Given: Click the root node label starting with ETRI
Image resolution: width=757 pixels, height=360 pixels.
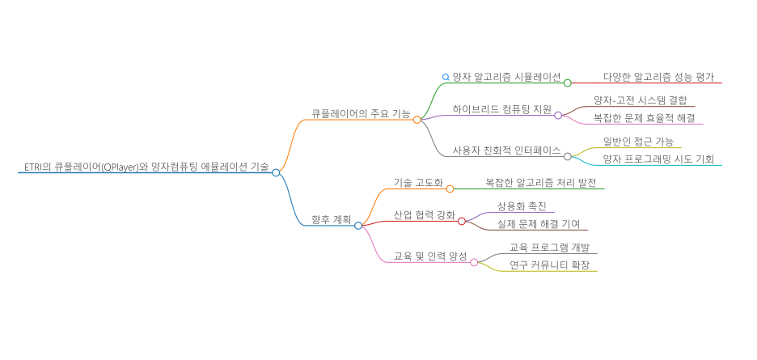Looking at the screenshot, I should [144, 167].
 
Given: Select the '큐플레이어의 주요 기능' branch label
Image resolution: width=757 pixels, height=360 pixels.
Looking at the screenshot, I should [361, 113].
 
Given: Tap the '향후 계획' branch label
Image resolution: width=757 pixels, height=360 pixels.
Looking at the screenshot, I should [331, 219].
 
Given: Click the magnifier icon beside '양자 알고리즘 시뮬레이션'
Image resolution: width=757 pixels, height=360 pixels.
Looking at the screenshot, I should [446, 77].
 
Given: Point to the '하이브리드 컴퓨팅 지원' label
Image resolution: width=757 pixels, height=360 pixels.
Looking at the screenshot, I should [501, 108].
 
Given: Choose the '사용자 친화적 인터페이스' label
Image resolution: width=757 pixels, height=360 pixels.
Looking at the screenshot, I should [506, 150].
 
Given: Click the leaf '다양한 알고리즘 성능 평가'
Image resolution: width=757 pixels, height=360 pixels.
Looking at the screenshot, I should [658, 77].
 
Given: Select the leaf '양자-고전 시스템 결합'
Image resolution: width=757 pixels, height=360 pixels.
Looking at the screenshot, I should [639, 100].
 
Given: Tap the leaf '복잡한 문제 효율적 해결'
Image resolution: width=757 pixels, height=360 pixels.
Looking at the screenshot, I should [643, 118].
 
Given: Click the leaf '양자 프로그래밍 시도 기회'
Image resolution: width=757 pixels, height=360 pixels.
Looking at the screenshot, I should [658, 159].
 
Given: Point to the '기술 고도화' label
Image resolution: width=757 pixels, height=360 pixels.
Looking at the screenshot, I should [418, 184].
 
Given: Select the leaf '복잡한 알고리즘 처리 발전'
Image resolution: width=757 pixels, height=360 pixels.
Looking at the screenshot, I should [540, 184].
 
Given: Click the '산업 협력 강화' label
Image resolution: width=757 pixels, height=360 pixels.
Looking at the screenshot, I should [424, 214].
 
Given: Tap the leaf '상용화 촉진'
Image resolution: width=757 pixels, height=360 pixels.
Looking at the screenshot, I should [522, 205].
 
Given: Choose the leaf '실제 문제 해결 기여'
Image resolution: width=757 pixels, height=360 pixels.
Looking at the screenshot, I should [538, 224].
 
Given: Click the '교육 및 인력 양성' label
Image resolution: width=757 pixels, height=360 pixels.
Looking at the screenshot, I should [429, 256].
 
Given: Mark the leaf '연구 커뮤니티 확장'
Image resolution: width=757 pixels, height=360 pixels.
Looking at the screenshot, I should [549, 265].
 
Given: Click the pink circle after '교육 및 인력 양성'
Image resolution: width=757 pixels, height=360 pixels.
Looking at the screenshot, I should [475, 262].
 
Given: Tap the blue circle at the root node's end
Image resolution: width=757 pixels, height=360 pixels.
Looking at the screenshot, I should [276, 172].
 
